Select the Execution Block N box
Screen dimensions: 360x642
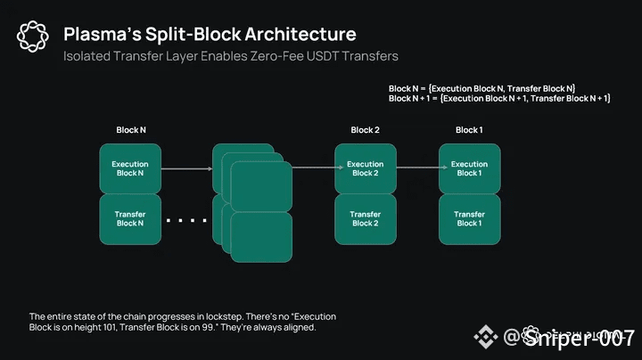pos(129,168)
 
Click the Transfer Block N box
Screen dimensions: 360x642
pos(129,218)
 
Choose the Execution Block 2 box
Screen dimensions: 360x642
pos(365,168)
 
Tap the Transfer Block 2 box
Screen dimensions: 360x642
pos(365,218)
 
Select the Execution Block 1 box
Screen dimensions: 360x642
pos(469,168)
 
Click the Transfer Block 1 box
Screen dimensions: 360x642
pos(469,218)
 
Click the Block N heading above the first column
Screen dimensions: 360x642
pos(130,130)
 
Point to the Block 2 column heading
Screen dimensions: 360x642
pos(365,130)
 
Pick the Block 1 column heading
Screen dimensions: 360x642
pos(469,130)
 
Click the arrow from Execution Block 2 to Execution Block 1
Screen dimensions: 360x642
pos(417,168)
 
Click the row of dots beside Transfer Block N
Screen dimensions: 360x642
pos(186,220)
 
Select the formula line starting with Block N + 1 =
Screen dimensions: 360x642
pos(498,98)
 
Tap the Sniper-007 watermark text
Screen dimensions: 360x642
pos(579,338)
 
